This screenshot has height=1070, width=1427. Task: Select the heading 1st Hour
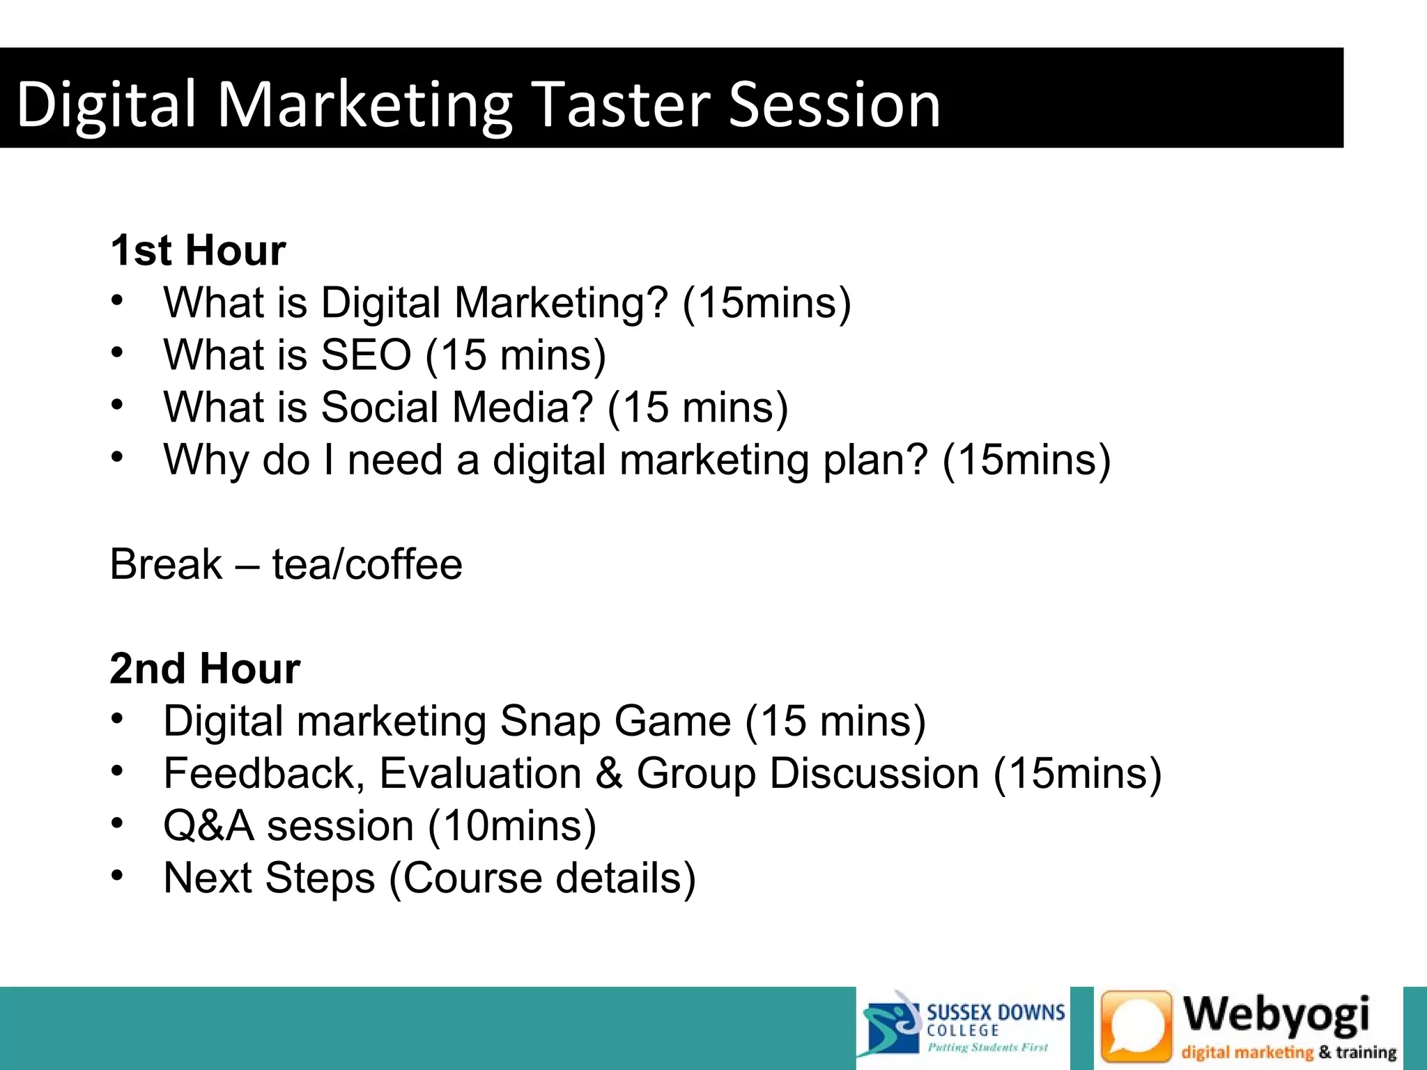click(x=198, y=250)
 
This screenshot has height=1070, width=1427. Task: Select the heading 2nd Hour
click(x=205, y=669)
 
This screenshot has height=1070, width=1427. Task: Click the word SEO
click(x=366, y=355)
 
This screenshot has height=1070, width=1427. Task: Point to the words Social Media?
click(x=456, y=408)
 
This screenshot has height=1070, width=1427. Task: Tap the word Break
click(x=166, y=564)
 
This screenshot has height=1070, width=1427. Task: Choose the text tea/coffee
click(x=367, y=564)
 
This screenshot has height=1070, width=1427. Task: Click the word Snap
click(x=550, y=721)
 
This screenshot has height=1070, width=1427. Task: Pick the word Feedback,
click(x=264, y=773)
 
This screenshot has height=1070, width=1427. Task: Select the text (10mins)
click(x=512, y=826)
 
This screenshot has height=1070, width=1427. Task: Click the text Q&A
click(x=208, y=826)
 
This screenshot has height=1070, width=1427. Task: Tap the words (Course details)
click(x=542, y=878)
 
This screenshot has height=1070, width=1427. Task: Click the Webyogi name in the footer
click(x=1276, y=1014)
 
